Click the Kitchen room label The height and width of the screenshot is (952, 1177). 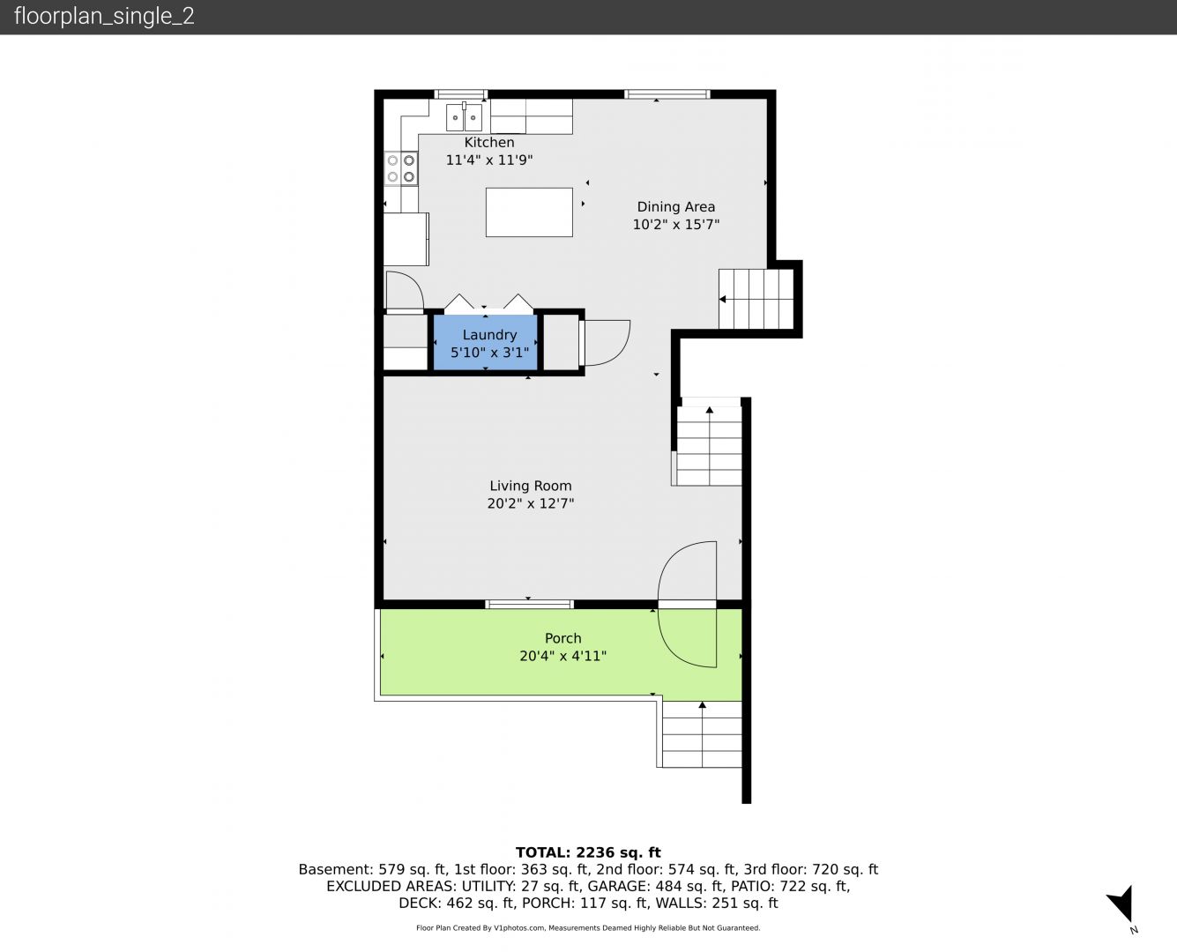(489, 142)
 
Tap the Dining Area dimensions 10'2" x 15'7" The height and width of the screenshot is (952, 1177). (676, 224)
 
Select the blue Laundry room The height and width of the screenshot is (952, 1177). (485, 343)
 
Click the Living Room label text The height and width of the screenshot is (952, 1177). (531, 486)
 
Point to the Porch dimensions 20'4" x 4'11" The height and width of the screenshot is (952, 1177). (563, 656)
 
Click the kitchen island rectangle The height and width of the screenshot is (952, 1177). (529, 212)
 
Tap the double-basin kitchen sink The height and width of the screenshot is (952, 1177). (464, 116)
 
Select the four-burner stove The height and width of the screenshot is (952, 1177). (401, 168)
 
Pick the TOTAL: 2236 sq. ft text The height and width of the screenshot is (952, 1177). (588, 852)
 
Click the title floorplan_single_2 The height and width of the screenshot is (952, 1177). (104, 16)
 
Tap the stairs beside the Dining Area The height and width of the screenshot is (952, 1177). (756, 299)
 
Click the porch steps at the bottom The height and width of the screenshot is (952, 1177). (702, 734)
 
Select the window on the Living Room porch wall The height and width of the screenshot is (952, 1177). (529, 605)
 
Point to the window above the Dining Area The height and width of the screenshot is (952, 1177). (667, 94)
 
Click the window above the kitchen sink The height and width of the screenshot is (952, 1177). (460, 94)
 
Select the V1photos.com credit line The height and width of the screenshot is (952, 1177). (588, 927)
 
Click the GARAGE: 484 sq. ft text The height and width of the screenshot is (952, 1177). (655, 886)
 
